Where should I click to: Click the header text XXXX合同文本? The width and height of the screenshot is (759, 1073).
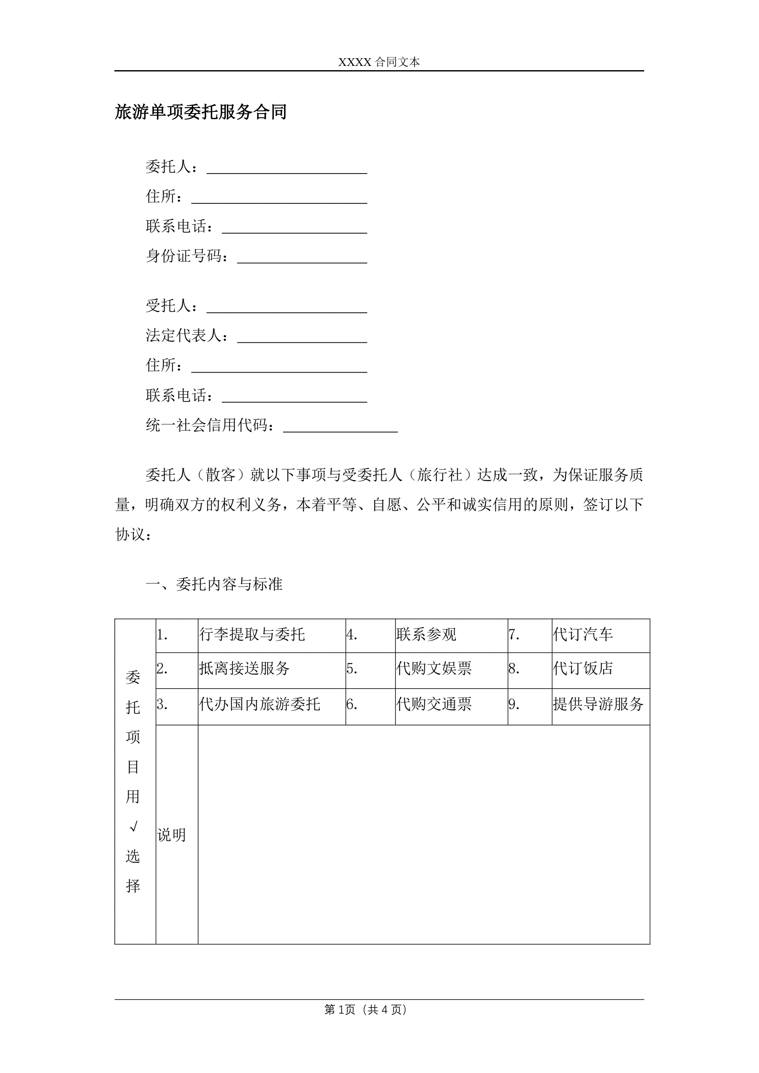point(379,62)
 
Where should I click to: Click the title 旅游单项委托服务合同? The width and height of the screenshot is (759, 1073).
point(201,112)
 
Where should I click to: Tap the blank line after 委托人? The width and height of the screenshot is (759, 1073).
point(287,168)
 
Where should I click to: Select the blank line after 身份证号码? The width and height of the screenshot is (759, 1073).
point(302,258)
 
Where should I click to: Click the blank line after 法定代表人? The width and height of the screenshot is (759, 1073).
point(302,337)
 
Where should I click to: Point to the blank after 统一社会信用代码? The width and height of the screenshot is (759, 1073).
point(340,427)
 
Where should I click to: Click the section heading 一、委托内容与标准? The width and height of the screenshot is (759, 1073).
point(214,584)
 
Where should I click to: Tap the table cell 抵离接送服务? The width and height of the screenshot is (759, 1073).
point(244,669)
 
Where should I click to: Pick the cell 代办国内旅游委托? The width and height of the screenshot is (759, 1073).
point(259,704)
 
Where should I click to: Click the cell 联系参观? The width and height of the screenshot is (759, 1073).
point(426,635)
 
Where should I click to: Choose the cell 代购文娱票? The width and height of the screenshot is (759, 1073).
point(434,669)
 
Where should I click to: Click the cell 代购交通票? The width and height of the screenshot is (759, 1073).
point(434,704)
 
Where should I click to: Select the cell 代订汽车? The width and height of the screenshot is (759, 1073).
point(583,635)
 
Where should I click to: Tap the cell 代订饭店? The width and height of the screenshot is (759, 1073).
point(583,669)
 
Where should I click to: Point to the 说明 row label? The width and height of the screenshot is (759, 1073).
point(171,835)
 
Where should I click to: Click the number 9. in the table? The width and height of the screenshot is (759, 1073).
point(514,704)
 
